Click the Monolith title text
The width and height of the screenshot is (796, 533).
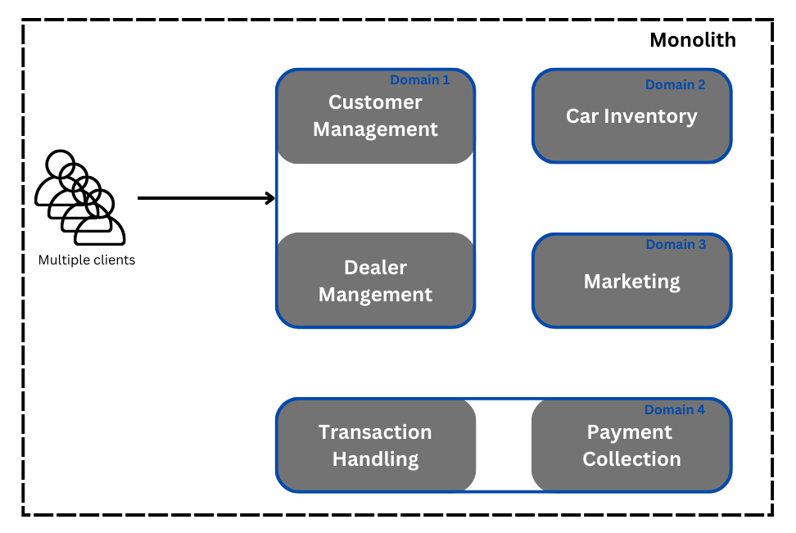[692, 40]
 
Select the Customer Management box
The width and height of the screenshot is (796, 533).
[375, 116]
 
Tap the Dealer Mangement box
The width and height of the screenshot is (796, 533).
[375, 280]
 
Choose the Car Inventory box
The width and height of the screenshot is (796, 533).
[631, 116]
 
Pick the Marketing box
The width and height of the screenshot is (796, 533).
[631, 281]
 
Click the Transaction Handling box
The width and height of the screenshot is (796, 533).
[375, 445]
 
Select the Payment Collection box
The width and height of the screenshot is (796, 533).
[631, 445]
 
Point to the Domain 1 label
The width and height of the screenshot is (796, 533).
[419, 80]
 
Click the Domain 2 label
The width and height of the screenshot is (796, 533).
[675, 84]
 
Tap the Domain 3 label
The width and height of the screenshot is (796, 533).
[676, 244]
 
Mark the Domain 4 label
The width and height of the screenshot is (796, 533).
[674, 409]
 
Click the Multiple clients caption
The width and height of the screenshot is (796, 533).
[86, 260]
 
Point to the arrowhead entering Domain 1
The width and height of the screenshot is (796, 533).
[270, 198]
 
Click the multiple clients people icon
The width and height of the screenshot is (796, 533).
[79, 197]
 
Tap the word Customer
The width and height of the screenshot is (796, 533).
[375, 102]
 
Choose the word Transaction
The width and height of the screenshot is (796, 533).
[375, 432]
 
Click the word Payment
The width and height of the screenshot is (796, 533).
[630, 432]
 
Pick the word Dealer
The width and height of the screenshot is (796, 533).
[375, 267]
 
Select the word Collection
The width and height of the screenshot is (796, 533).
[631, 459]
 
